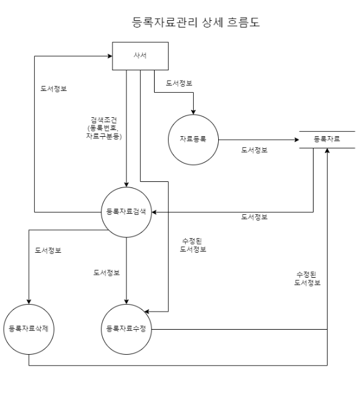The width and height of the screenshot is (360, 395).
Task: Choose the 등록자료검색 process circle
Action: click(126, 212)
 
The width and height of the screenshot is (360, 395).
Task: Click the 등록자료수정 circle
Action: click(126, 329)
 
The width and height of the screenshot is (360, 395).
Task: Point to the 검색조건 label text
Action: click(105, 128)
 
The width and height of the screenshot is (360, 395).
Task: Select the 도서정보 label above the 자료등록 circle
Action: click(180, 83)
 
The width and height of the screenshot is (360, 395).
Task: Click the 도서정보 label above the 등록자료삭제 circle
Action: click(48, 250)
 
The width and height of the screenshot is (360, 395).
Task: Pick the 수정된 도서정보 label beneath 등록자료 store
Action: click(307, 278)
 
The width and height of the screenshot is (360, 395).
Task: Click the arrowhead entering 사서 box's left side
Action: click(109, 56)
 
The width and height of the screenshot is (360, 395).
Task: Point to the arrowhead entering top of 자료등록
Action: click(194, 112)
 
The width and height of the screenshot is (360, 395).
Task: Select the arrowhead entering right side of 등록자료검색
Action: click(153, 212)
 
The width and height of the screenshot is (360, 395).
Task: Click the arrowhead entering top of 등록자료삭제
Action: click(29, 302)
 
